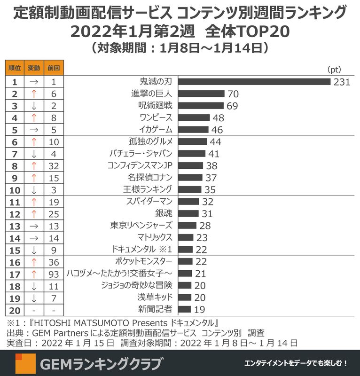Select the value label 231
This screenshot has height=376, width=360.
pos(342,82)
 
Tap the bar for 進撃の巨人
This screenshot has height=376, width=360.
pos(202,94)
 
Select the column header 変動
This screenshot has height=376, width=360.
pos(34,68)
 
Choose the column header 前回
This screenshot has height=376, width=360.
pos(53,68)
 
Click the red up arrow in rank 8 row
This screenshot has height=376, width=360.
pos(34,165)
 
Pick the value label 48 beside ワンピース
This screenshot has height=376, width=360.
pos(218,118)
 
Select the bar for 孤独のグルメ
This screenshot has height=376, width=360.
pos(193,141)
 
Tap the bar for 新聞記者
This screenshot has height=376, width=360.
pos(185,309)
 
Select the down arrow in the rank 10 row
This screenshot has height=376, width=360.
pos(34,189)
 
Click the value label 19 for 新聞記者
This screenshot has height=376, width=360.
pos(199,309)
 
